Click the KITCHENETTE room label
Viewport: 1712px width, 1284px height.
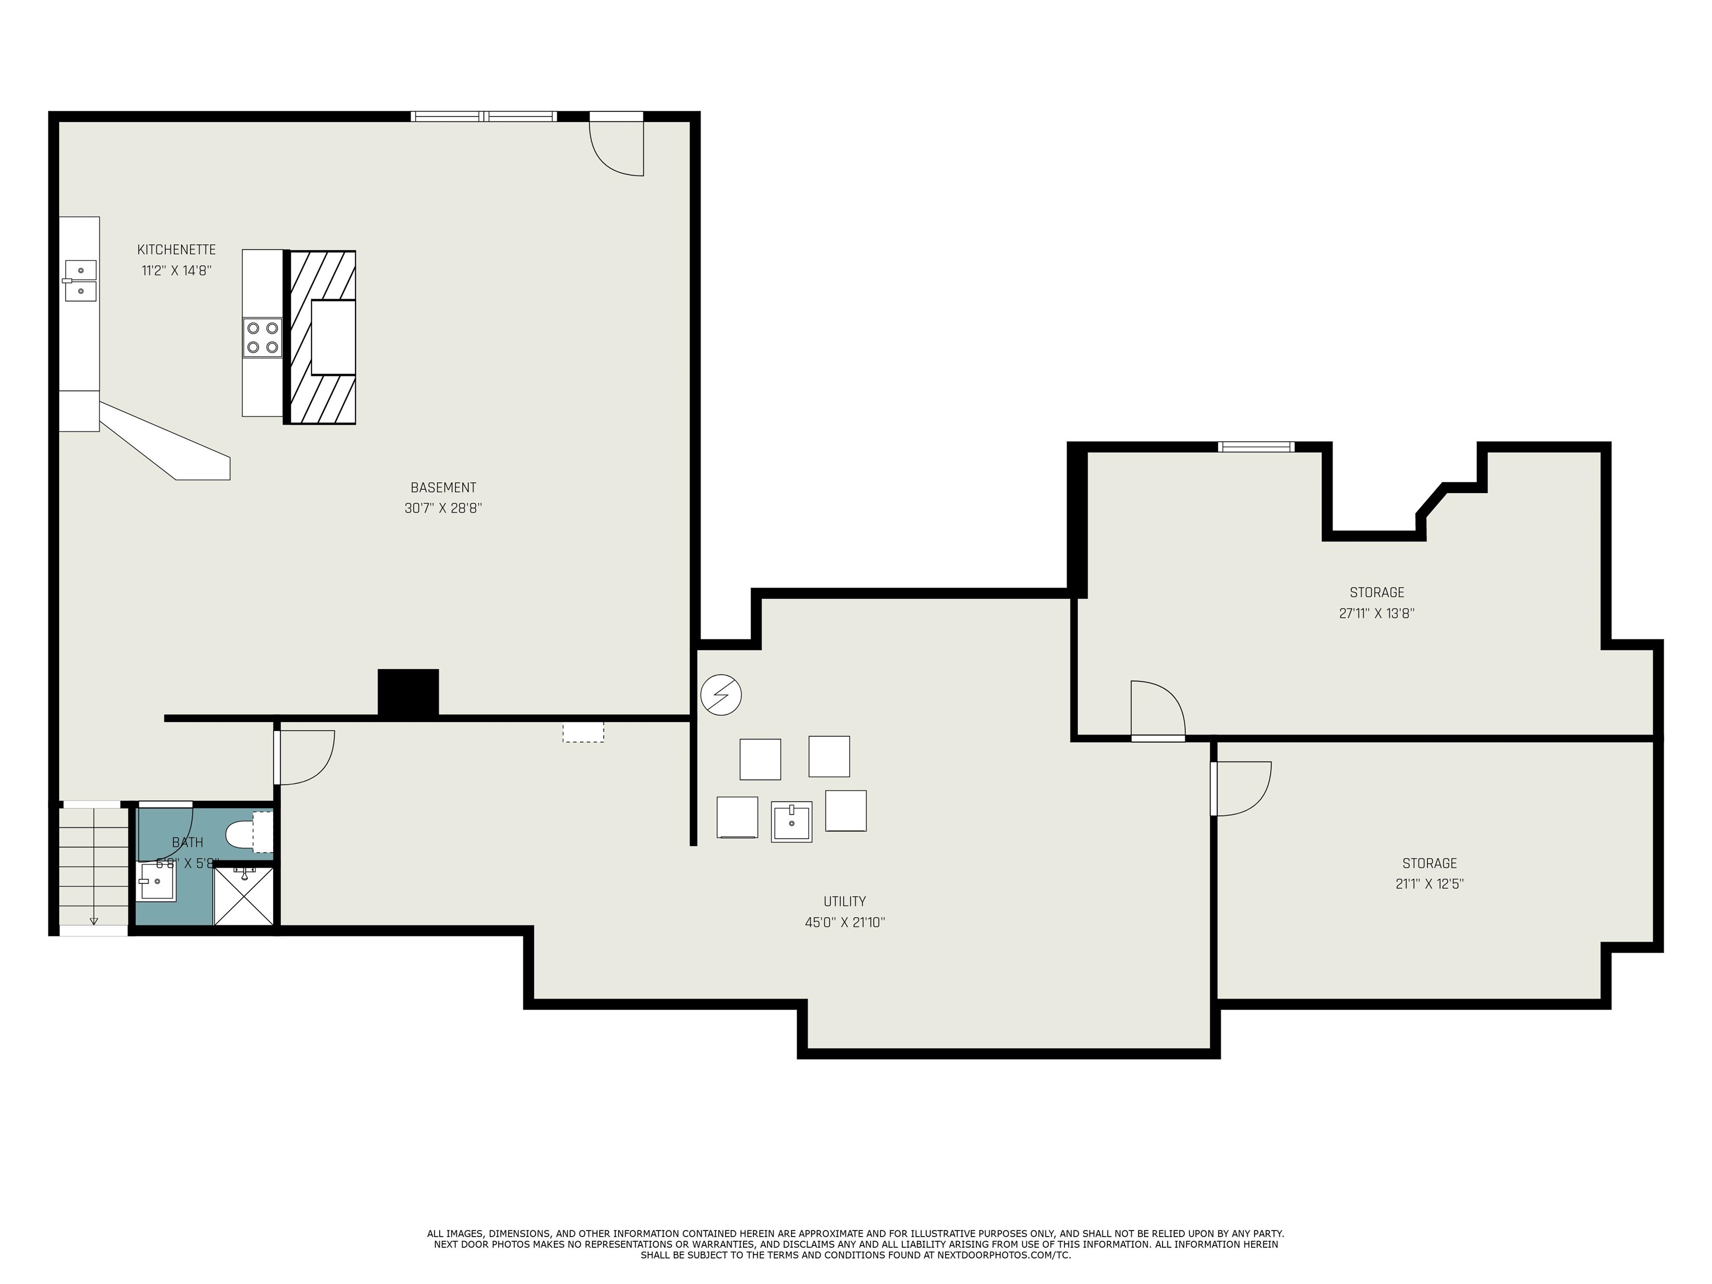(x=177, y=249)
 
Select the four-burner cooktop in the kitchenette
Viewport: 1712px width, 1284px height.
(x=262, y=338)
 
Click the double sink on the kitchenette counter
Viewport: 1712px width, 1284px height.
(x=80, y=280)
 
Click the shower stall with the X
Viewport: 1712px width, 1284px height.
(x=244, y=896)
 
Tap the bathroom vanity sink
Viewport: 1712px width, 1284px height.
(x=157, y=882)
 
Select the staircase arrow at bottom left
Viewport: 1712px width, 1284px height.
(x=94, y=920)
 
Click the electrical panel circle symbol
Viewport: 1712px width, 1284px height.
(x=721, y=694)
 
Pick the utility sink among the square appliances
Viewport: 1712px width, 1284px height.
(x=791, y=821)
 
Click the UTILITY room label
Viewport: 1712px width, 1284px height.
(x=844, y=901)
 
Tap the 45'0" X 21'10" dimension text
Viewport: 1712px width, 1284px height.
(x=844, y=922)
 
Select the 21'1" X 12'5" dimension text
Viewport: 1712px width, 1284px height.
(x=1429, y=884)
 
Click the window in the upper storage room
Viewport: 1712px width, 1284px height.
(x=1256, y=446)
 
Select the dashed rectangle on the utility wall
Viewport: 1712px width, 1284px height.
(x=583, y=732)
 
